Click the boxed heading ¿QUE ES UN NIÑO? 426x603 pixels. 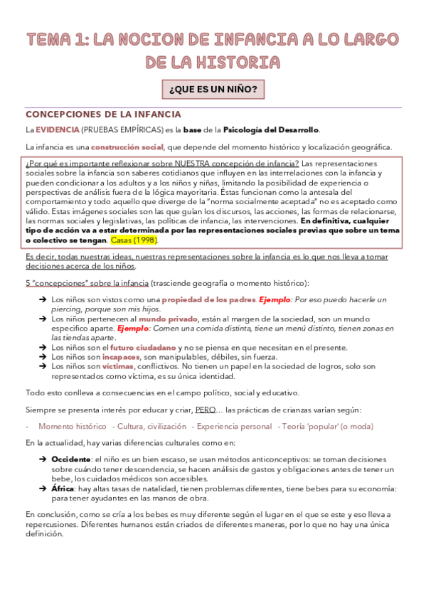[x=213, y=90]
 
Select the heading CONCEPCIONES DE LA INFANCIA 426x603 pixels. [x=104, y=114]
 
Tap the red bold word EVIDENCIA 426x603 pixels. [x=58, y=129]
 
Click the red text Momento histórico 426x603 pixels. [x=72, y=426]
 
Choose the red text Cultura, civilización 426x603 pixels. [x=149, y=426]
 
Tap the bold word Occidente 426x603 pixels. [x=71, y=460]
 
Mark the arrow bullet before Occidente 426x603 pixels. [x=43, y=460]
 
